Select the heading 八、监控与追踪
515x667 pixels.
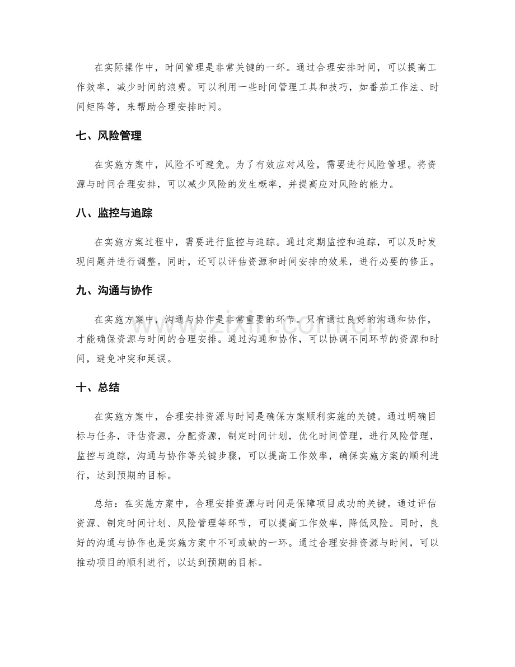(x=115, y=213)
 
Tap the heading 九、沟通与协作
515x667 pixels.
(x=115, y=291)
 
